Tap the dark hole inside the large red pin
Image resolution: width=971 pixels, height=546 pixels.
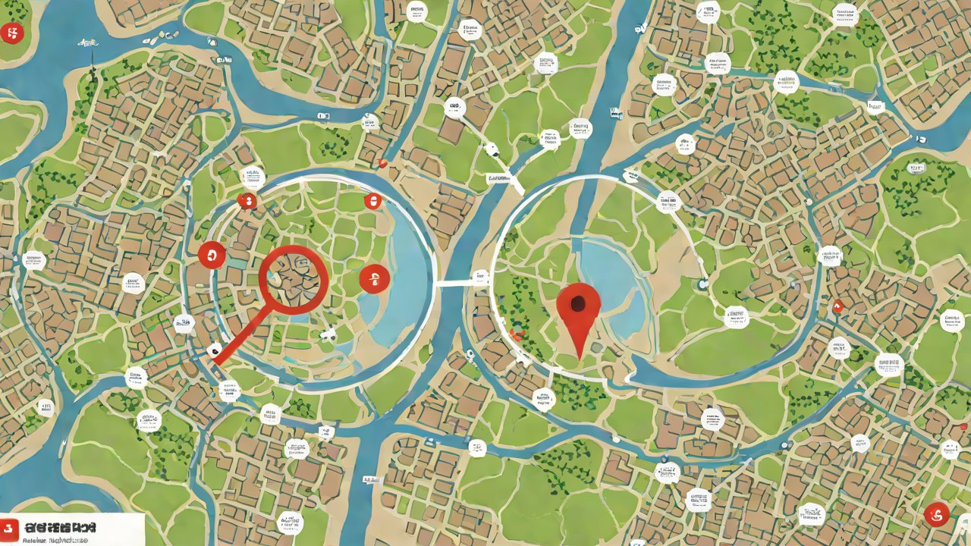click(x=579, y=305)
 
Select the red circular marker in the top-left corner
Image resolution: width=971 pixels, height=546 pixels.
click(x=13, y=32)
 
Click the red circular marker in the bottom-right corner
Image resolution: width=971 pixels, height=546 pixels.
click(x=937, y=514)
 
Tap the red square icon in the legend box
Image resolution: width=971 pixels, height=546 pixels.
click(x=10, y=529)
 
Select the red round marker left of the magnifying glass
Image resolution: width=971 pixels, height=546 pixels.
click(x=212, y=255)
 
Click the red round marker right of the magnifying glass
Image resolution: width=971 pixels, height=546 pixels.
click(x=374, y=278)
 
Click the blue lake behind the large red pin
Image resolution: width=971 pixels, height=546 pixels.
click(x=614, y=281)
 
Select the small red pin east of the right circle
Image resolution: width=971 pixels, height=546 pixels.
click(x=837, y=306)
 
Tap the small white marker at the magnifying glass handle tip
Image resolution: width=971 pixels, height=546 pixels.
click(x=215, y=350)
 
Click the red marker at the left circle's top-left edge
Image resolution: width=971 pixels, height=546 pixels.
click(x=247, y=201)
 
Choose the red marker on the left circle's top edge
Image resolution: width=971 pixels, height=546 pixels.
click(x=371, y=201)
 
